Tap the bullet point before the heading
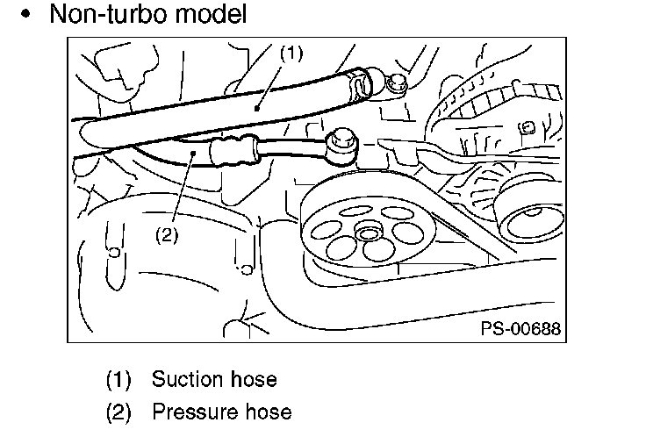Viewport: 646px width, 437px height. click(26, 14)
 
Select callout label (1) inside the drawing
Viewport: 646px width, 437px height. click(291, 54)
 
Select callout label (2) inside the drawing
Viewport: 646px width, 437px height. click(167, 235)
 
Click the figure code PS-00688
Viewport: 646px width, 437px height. click(520, 328)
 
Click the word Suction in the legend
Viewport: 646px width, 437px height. click(188, 379)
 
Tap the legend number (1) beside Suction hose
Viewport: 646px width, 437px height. click(118, 379)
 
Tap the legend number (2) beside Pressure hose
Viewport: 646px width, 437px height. click(118, 412)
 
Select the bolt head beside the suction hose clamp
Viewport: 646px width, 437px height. click(397, 83)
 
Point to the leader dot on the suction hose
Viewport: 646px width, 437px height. click(257, 108)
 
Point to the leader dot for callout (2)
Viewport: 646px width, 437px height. click(193, 154)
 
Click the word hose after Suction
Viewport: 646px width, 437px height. click(254, 379)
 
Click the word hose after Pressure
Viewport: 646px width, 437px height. click(269, 412)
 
